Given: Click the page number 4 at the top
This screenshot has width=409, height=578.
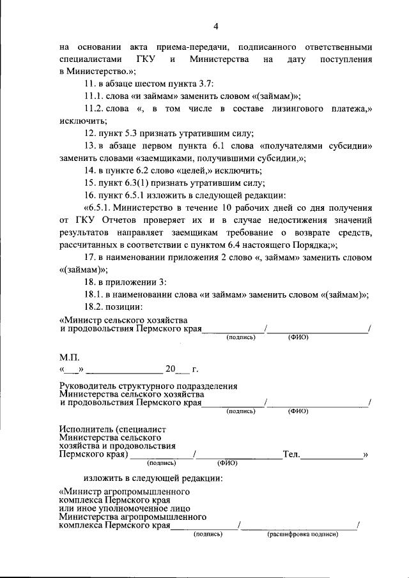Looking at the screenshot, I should coord(215,26).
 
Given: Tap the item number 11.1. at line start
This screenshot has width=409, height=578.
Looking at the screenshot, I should coord(93,96).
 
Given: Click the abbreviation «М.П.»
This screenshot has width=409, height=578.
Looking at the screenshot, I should coord(68,358).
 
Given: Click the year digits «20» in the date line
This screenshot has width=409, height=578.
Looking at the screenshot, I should coord(169,370).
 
